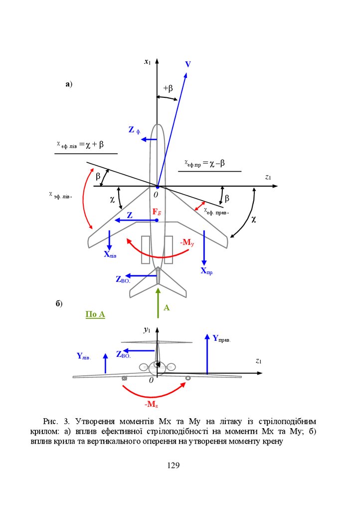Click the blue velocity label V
pyautogui.click(x=188, y=64)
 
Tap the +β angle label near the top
pyautogui.click(x=168, y=88)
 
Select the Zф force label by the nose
pyautogui.click(x=134, y=130)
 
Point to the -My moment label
pyautogui.click(x=187, y=243)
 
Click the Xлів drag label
pyautogui.click(x=110, y=254)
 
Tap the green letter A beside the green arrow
pyautogui.click(x=167, y=308)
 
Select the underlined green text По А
pyautogui.click(x=95, y=314)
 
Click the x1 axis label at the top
pyautogui.click(x=147, y=62)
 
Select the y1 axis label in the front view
pyautogui.click(x=147, y=329)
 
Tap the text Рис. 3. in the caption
pyautogui.click(x=54, y=422)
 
